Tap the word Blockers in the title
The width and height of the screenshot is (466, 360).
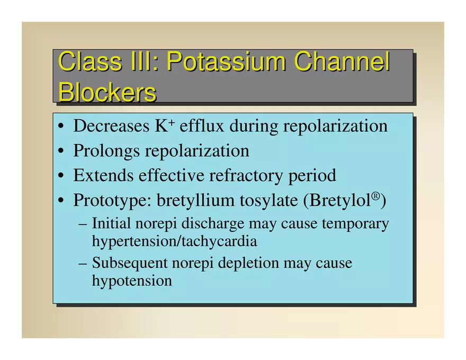(x=107, y=92)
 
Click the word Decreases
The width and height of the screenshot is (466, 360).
(x=111, y=126)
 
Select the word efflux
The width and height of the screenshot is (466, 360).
(x=202, y=126)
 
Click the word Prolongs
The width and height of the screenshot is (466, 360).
(x=106, y=151)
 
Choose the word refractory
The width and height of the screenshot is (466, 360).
(x=246, y=176)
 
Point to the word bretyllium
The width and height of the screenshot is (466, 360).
(x=196, y=200)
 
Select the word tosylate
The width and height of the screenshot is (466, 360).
(x=269, y=201)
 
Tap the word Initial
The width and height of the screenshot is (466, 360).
(x=111, y=223)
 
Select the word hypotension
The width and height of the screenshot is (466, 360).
(x=132, y=281)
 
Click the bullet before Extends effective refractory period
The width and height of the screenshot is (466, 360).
(x=61, y=176)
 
